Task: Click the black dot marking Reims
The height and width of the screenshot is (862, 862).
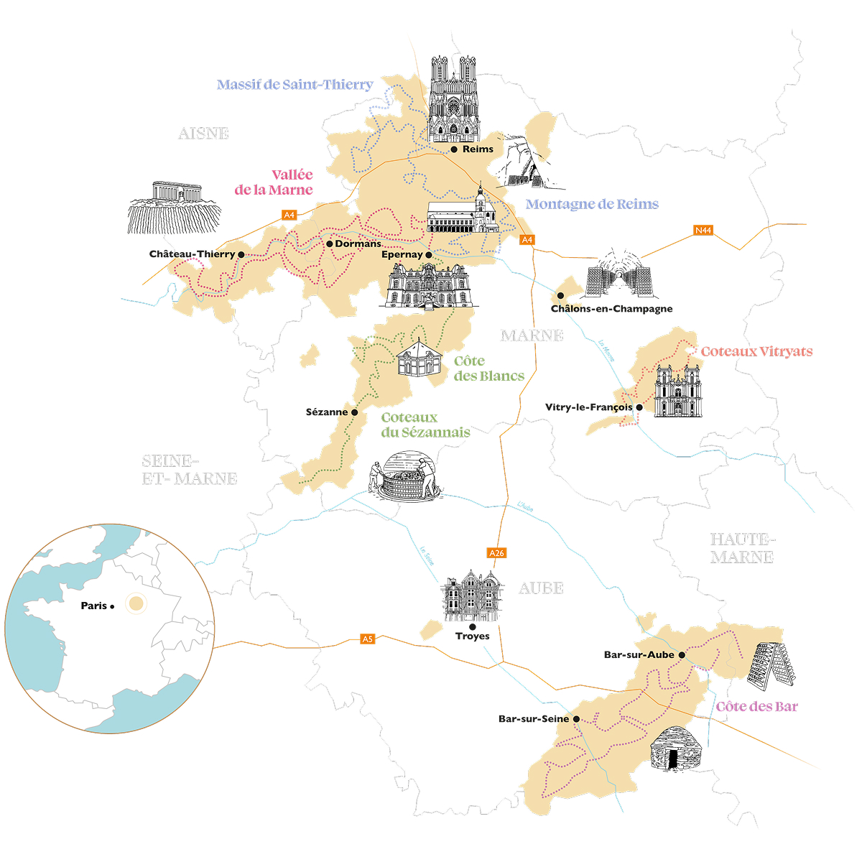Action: [454, 149]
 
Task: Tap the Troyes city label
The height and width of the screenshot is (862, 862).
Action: [472, 636]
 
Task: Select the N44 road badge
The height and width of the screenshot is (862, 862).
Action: [703, 231]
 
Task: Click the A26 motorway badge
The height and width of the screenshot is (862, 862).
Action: [496, 553]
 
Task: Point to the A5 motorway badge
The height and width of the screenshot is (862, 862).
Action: [368, 639]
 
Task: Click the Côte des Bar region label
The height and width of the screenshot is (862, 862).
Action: [756, 707]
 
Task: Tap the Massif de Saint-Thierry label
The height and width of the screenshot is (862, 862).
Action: [295, 85]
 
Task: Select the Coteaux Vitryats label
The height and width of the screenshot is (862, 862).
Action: [756, 352]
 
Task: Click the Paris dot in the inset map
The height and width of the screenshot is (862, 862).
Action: [113, 607]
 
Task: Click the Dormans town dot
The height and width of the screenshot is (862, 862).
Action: [329, 244]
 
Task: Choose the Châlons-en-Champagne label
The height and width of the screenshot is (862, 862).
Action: [611, 309]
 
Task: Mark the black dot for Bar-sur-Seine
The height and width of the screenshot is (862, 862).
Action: [576, 718]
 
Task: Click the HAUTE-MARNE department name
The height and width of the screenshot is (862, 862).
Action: [741, 548]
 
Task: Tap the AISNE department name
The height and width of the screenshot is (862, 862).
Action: [203, 134]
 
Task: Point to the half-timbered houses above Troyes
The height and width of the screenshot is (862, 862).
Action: [472, 596]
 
